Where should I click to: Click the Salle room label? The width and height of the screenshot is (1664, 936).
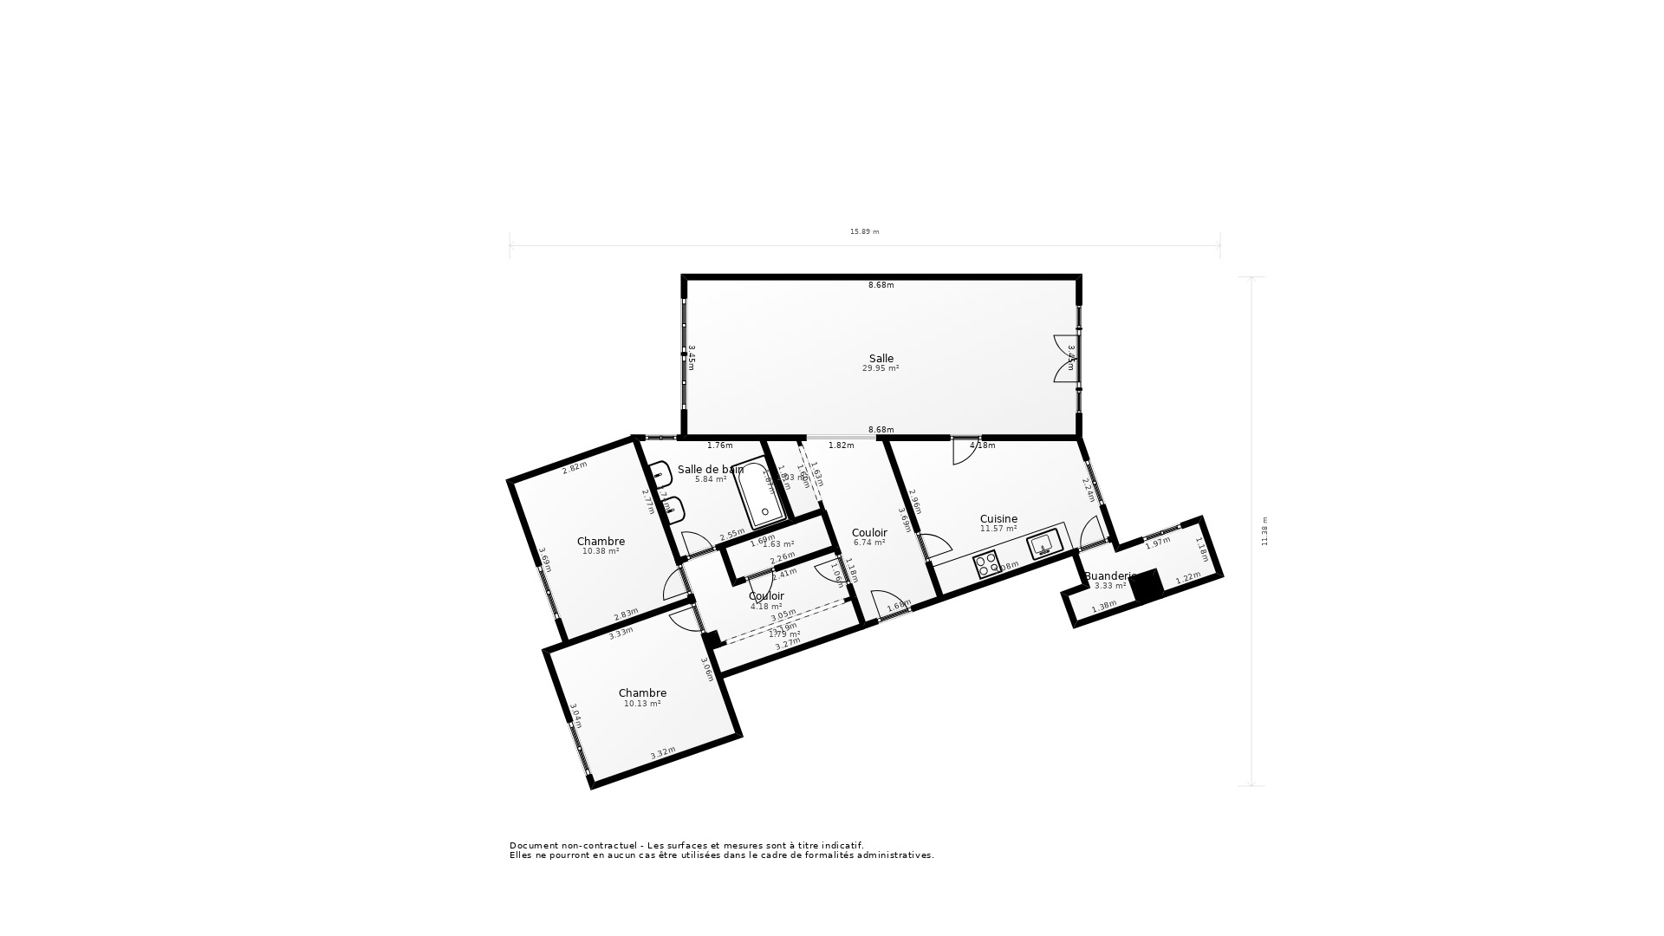coord(881,358)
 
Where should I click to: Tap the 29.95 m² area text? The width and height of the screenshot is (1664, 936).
coord(880,368)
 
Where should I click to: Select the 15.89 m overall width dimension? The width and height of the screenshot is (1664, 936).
coord(864,231)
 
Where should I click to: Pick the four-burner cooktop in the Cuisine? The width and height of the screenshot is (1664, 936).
coord(985,565)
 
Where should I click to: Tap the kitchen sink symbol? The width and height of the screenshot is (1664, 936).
coord(1043,544)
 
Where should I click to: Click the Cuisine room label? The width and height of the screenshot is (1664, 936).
coord(998,518)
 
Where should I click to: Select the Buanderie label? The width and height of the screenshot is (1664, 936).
coord(1108,575)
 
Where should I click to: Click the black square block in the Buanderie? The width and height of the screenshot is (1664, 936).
coord(1147,585)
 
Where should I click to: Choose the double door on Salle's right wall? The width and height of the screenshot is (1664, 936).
coord(1066,358)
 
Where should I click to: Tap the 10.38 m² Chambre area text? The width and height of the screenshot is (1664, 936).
coord(600,551)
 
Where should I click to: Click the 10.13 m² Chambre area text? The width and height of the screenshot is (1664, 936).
coord(642,704)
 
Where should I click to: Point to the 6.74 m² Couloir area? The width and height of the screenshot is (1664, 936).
coord(868,543)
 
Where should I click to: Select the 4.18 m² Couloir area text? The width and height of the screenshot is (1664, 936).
coord(766,607)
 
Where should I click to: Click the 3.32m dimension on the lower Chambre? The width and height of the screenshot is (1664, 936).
coord(662,753)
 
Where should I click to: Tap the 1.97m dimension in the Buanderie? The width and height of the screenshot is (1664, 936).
coord(1158,543)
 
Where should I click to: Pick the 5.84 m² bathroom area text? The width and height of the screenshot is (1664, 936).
coord(711,479)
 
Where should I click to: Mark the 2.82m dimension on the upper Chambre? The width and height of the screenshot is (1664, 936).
coord(575,467)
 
